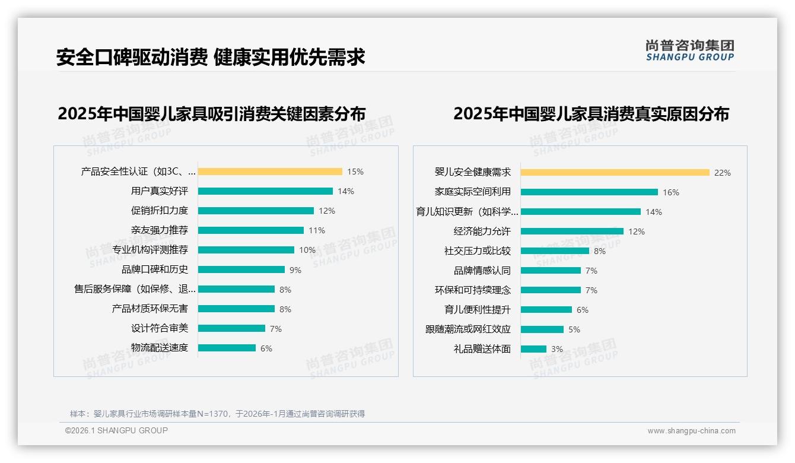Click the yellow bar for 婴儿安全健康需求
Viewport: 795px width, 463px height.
pyautogui.click(x=615, y=173)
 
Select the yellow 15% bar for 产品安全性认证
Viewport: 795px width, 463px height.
pyautogui.click(x=270, y=172)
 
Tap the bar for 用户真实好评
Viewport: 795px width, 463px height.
pyautogui.click(x=265, y=191)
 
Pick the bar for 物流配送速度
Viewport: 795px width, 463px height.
pyautogui.click(x=227, y=348)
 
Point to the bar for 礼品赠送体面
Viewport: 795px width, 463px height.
pyautogui.click(x=533, y=349)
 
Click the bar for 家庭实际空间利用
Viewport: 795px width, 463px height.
pyautogui.click(x=589, y=192)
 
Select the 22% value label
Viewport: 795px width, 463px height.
pyautogui.click(x=722, y=173)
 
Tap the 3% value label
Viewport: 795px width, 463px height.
pyautogui.click(x=556, y=349)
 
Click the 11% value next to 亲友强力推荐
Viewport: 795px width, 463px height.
pyautogui.click(x=316, y=230)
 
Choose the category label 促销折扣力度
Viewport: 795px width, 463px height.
pyautogui.click(x=159, y=211)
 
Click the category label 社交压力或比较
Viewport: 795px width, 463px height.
pyautogui.click(x=477, y=251)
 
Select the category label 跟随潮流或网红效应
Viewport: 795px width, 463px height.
pyautogui.click(x=468, y=329)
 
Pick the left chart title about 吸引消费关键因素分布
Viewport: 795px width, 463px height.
pyautogui.click(x=211, y=113)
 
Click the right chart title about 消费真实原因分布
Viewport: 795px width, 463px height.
pyautogui.click(x=591, y=113)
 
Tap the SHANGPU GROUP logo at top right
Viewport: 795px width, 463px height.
pyautogui.click(x=689, y=50)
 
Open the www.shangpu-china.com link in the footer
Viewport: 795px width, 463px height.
pyautogui.click(x=691, y=431)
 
